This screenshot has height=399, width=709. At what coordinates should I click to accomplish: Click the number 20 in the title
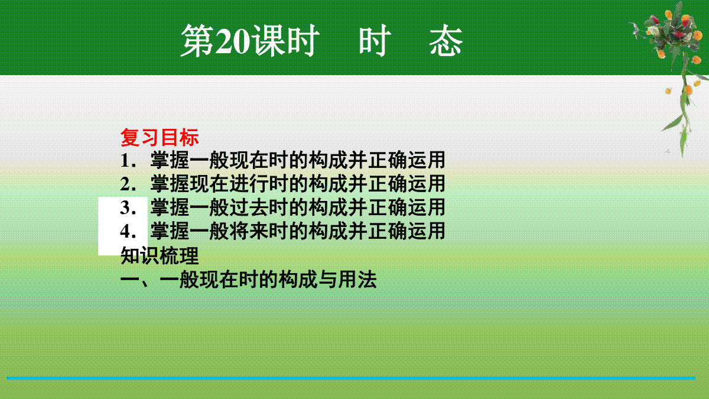tap(233, 41)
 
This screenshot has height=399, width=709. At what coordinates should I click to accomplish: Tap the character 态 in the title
tap(446, 41)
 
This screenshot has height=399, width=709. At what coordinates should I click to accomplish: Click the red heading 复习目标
tap(160, 137)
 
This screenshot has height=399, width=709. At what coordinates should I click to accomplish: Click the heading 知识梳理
tap(160, 255)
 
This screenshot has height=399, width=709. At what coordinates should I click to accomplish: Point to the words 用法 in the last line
tap(357, 280)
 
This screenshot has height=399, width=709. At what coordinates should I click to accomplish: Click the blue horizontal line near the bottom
tap(351, 378)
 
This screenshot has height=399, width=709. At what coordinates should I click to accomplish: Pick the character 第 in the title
tap(197, 41)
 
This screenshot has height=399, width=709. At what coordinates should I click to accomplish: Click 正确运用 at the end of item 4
tap(406, 231)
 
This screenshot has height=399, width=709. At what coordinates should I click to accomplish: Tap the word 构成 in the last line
tap(298, 280)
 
